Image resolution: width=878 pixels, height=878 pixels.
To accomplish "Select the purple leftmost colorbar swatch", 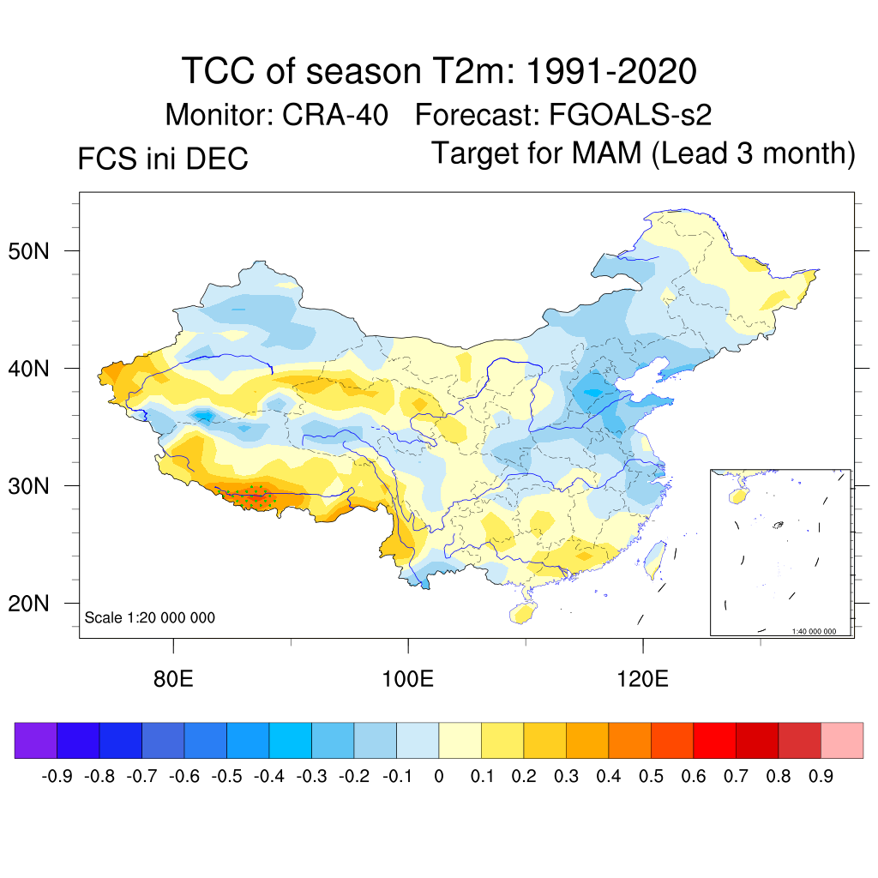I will point(36,741).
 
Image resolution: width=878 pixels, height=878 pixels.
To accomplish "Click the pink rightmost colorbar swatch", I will point(842,741).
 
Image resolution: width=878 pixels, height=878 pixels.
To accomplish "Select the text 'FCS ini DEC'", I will point(163,159).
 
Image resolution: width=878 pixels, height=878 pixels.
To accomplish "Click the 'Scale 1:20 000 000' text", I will point(150,617).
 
